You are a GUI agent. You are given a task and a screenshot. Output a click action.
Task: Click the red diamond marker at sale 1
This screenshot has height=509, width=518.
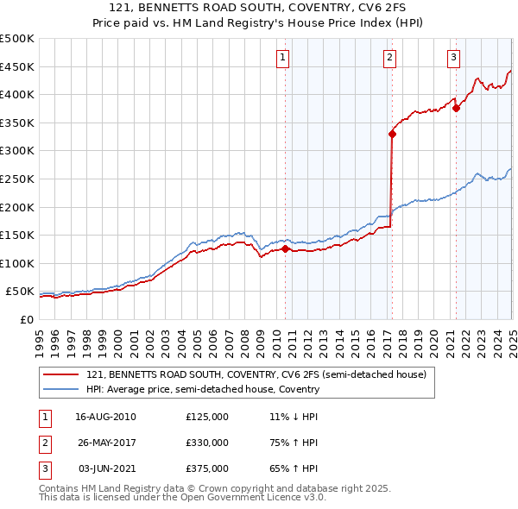point(285,249)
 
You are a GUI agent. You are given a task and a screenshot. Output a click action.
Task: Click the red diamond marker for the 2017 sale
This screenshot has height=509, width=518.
point(392,134)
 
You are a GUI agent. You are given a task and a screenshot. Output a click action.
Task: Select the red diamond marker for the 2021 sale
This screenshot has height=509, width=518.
point(456,109)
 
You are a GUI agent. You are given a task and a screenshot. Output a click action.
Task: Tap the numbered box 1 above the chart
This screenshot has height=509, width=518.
point(283,58)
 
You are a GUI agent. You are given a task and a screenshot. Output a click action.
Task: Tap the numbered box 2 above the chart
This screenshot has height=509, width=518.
point(390,58)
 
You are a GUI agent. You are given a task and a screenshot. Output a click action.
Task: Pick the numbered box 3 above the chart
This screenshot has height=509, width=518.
point(454,58)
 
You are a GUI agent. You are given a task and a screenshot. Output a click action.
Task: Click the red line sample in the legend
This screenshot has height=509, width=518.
point(61,375)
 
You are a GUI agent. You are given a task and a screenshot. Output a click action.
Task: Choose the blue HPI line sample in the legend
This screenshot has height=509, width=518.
point(61,390)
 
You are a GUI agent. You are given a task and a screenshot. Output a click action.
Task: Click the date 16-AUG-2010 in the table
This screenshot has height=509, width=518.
point(105,417)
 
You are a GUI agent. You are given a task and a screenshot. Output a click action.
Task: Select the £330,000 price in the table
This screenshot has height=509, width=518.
point(207,443)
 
